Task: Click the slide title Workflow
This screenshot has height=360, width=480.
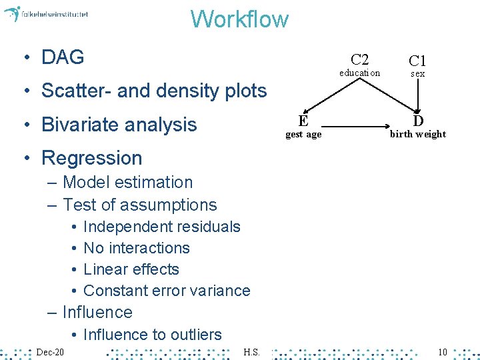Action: click(239, 19)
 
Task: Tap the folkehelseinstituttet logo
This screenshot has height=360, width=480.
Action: click(46, 14)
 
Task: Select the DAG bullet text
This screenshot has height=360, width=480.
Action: click(63, 57)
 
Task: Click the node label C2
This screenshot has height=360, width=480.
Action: click(359, 59)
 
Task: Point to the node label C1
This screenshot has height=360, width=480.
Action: click(417, 61)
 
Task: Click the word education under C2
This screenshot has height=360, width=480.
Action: click(359, 73)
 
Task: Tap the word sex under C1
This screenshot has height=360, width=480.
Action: click(417, 74)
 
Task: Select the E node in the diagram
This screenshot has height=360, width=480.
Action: click(303, 121)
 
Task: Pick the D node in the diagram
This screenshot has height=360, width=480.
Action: click(418, 121)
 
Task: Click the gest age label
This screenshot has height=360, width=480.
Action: click(303, 134)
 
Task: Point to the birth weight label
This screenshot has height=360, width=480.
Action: click(418, 134)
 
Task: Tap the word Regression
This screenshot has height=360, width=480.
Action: click(92, 158)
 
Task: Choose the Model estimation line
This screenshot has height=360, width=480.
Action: click(127, 182)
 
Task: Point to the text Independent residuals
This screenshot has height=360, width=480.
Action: click(161, 227)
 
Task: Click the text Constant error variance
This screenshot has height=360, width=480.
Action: click(167, 291)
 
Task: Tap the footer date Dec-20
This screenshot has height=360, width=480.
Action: click(50, 351)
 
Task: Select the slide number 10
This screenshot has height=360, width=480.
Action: click(442, 351)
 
